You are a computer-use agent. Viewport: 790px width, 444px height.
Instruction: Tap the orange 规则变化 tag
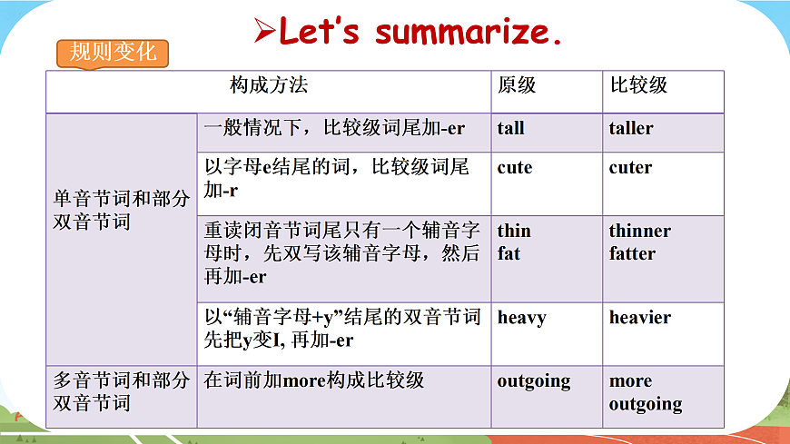click(x=114, y=52)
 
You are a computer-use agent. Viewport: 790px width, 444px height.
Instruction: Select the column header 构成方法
click(x=269, y=85)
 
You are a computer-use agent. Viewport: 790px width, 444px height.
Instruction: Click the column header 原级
click(x=517, y=85)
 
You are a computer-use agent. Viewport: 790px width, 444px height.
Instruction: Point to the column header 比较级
click(x=638, y=85)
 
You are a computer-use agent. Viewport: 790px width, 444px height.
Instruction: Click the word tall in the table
click(x=511, y=128)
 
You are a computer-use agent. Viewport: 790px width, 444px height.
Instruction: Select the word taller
click(x=631, y=128)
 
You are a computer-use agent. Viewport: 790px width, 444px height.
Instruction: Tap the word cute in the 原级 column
click(x=515, y=168)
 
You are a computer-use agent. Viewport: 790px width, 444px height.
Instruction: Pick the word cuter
click(x=630, y=168)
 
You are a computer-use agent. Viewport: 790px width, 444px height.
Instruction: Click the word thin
click(x=514, y=231)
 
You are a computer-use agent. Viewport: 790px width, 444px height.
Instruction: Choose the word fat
click(x=509, y=253)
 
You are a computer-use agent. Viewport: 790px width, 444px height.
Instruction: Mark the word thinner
click(x=640, y=231)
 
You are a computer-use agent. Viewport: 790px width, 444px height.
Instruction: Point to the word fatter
click(x=632, y=253)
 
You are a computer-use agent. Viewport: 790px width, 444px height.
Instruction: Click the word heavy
click(x=522, y=318)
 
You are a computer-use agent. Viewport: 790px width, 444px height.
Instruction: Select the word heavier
click(x=640, y=318)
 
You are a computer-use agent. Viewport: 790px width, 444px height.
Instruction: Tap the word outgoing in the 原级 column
click(x=534, y=381)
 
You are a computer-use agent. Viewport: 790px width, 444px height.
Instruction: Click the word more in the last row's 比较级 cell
click(x=631, y=381)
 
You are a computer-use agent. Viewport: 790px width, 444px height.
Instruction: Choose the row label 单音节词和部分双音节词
click(x=122, y=210)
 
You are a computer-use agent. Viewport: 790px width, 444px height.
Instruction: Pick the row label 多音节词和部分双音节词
click(x=122, y=391)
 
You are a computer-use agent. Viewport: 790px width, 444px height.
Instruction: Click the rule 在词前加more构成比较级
click(x=314, y=381)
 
